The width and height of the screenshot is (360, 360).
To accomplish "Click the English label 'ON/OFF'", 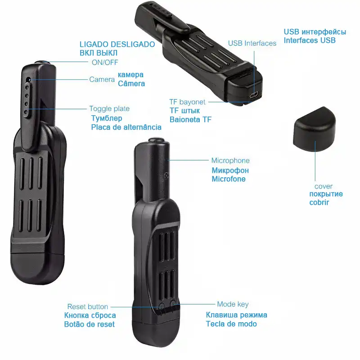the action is pyautogui.click(x=104, y=63).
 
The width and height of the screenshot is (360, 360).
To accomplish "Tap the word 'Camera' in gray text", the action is pyautogui.click(x=102, y=80).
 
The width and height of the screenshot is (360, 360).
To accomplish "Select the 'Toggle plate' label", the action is pyautogui.click(x=109, y=108).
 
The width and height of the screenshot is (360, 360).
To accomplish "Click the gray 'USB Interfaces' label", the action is pyautogui.click(x=252, y=43).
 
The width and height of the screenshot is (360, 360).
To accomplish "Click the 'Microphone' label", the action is pyautogui.click(x=230, y=161).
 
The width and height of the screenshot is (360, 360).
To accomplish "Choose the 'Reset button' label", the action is pyautogui.click(x=88, y=306).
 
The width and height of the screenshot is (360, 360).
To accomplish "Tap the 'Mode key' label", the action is pyautogui.click(x=233, y=305).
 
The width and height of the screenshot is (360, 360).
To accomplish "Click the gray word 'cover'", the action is pyautogui.click(x=324, y=186).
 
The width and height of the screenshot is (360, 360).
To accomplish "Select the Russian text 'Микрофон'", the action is pyautogui.click(x=230, y=171).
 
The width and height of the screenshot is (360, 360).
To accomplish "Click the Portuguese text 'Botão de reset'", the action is pyautogui.click(x=90, y=324).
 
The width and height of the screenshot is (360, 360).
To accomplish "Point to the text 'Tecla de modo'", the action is pyautogui.click(x=231, y=324).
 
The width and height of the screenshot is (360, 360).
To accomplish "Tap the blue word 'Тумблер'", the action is pyautogui.click(x=107, y=118).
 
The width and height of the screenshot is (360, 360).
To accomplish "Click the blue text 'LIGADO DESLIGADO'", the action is pyautogui.click(x=117, y=44).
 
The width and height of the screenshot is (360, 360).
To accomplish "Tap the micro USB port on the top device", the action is pyautogui.click(x=254, y=95).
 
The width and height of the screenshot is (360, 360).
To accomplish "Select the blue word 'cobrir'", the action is pyautogui.click(x=319, y=202).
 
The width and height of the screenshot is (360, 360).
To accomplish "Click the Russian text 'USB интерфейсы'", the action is pyautogui.click(x=315, y=32).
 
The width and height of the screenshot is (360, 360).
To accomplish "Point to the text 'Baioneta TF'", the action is pyautogui.click(x=190, y=120).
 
